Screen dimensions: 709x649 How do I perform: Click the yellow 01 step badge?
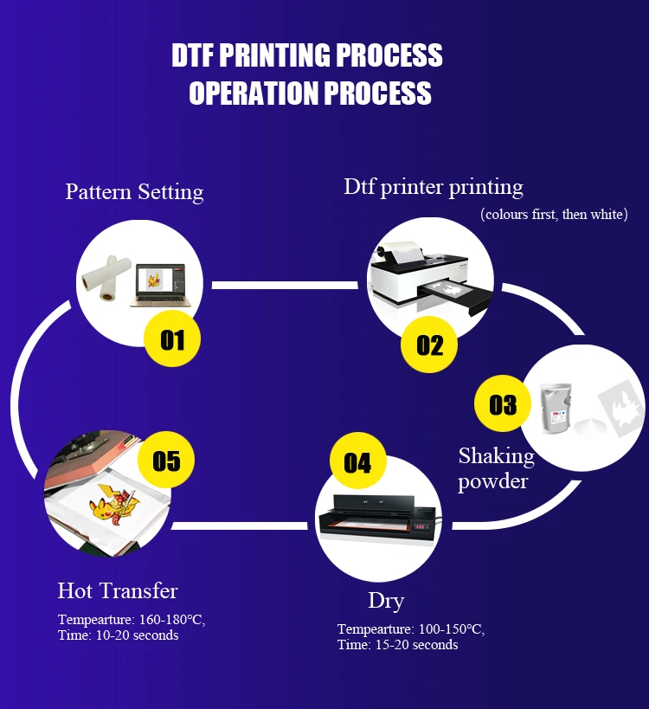(173, 339)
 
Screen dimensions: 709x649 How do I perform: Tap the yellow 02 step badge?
(429, 345)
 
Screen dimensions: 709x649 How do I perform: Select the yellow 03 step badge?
(503, 404)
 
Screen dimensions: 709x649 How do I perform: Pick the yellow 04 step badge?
(357, 462)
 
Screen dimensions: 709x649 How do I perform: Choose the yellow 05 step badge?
(166, 460)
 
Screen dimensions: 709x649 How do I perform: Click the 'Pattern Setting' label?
(134, 191)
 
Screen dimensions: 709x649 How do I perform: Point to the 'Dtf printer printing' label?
(434, 186)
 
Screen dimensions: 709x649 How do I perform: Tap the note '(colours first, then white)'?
(554, 214)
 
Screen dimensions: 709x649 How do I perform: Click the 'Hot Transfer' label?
(118, 591)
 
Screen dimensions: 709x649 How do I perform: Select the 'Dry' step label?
(386, 600)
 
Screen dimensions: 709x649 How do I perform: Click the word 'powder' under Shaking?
(492, 481)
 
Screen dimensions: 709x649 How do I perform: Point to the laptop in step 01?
(158, 286)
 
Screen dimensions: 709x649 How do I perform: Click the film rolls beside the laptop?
(104, 277)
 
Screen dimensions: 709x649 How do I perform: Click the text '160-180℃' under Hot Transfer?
(171, 620)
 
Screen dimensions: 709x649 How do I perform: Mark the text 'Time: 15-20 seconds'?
(397, 645)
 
